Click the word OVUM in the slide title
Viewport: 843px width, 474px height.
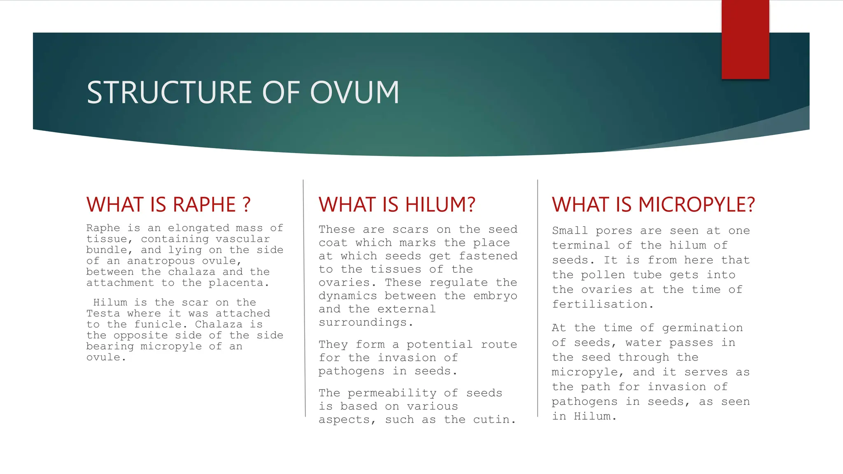point(354,92)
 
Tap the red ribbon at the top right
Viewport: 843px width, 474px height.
point(745,39)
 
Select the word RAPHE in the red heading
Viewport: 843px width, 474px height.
point(204,204)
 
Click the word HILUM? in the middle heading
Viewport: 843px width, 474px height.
point(440,204)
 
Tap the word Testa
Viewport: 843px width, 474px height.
point(103,314)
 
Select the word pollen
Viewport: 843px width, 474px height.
point(598,275)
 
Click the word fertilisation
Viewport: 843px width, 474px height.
point(600,304)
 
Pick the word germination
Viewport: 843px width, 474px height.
point(702,328)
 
